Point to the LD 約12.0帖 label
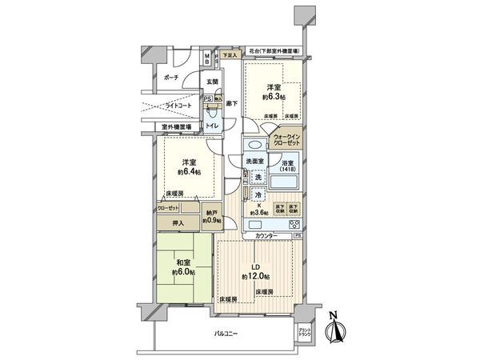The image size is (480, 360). [x=256, y=270]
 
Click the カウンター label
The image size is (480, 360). [x=266, y=236]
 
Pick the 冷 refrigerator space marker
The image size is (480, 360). [x=258, y=195]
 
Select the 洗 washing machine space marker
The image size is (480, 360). [x=258, y=177]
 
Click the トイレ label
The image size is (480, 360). [x=213, y=126]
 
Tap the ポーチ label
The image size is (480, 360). [x=170, y=78]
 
